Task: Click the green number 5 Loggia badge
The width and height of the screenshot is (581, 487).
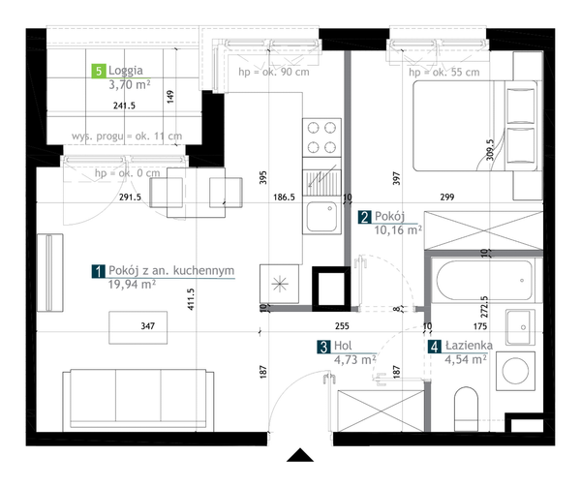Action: (x=98, y=71)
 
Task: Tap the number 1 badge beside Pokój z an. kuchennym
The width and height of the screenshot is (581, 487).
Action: (x=98, y=271)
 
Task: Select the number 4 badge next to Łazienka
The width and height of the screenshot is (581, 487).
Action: (x=435, y=347)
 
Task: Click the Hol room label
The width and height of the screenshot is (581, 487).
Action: (x=343, y=346)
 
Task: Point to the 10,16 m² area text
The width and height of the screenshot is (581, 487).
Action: (x=398, y=230)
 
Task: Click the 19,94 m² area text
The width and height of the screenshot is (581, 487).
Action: (x=132, y=285)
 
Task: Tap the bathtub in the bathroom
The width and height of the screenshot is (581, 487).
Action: (x=485, y=280)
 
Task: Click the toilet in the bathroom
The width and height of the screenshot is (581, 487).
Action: (x=466, y=409)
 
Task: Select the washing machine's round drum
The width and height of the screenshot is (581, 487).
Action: (x=515, y=371)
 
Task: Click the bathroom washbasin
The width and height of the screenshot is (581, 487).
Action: (x=521, y=327)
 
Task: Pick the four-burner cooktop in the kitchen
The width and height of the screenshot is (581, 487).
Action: (x=321, y=137)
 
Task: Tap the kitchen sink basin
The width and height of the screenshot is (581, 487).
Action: (x=321, y=217)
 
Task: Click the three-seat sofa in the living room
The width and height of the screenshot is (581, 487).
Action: (x=138, y=400)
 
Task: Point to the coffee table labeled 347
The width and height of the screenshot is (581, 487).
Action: (x=138, y=327)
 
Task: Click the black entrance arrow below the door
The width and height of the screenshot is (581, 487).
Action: (x=300, y=455)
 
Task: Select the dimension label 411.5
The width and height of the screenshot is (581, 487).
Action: (x=191, y=299)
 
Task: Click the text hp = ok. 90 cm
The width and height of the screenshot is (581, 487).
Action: (x=274, y=72)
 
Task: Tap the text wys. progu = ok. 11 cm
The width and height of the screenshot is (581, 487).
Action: (x=127, y=137)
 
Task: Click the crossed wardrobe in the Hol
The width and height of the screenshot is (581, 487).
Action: (x=381, y=411)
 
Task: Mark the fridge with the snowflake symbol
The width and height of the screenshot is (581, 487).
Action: (x=280, y=284)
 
